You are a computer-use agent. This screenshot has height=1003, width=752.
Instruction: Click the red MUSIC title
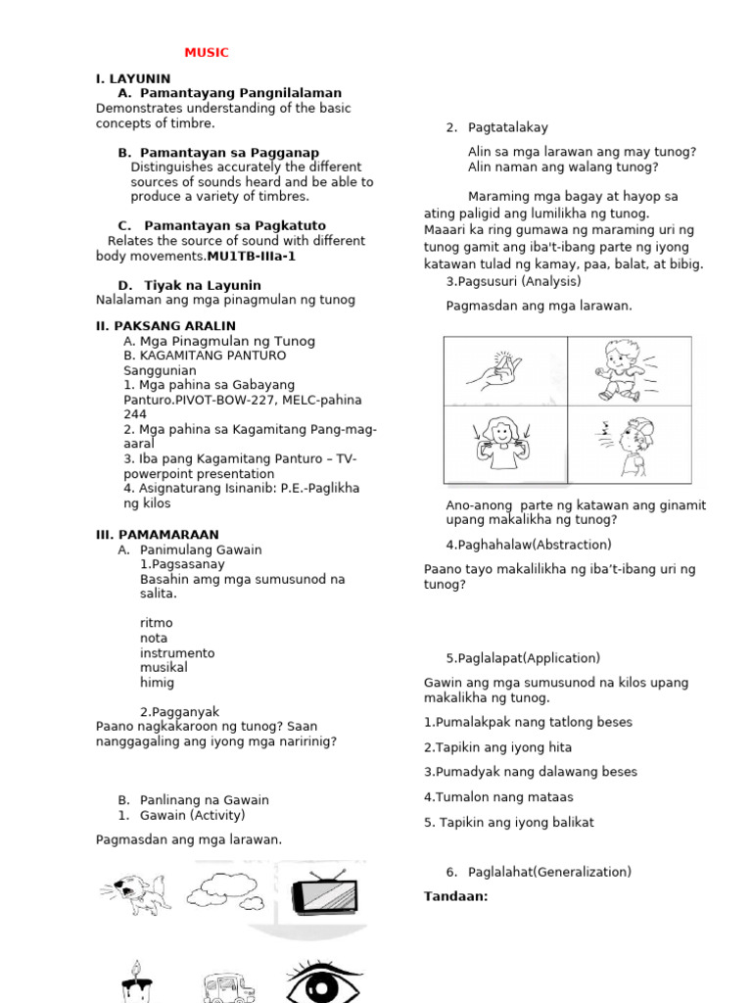click(x=207, y=53)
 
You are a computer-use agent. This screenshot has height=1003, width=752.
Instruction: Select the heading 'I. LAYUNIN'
click(x=133, y=78)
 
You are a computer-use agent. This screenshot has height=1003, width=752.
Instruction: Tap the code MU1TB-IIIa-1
click(x=251, y=256)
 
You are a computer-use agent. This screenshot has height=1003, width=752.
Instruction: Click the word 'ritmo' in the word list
click(x=157, y=623)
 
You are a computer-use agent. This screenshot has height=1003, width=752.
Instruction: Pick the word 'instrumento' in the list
click(x=177, y=653)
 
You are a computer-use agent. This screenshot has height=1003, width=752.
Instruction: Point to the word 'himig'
click(x=158, y=683)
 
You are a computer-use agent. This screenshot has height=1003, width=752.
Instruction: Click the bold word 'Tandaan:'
click(x=455, y=896)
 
